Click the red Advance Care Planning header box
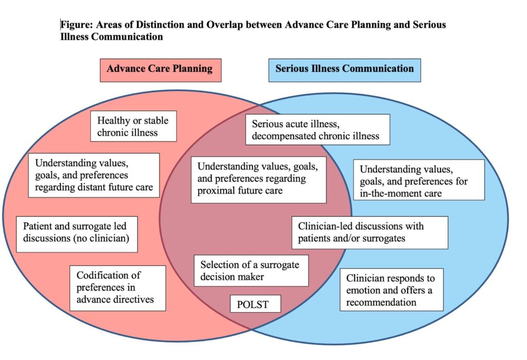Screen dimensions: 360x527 pos(160,70)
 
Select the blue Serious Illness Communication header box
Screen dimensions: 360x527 pos(344,70)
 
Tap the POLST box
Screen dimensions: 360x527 pos(255,304)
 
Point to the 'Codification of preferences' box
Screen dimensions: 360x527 pos(117,288)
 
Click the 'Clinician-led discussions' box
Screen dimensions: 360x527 pos(369,232)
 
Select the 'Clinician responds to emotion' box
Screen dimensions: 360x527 pos(391,289)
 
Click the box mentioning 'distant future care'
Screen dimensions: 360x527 pos(94,175)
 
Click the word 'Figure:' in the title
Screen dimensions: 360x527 pos(76,25)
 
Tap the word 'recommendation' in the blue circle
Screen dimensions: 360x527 pos(381,302)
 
